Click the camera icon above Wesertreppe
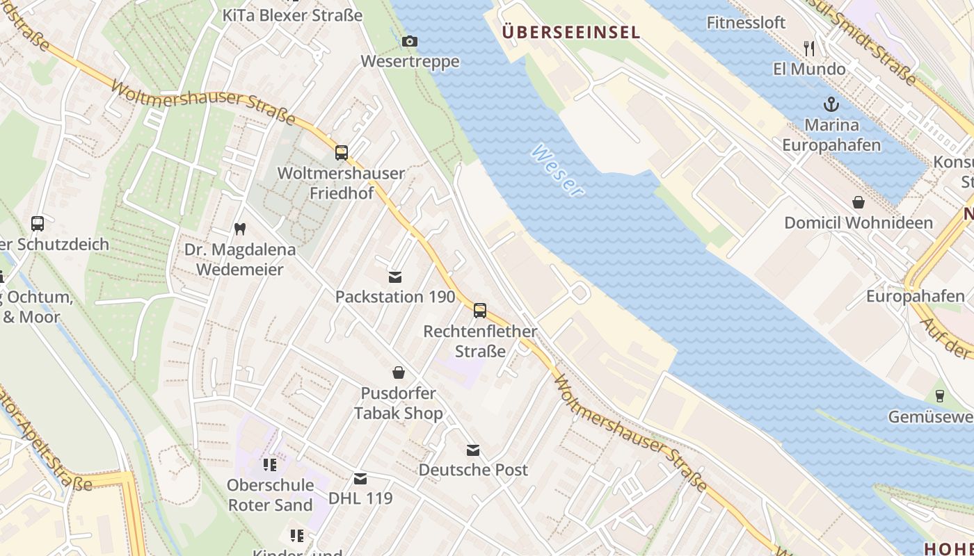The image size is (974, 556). [410, 42]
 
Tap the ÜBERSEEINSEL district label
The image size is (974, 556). [570, 32]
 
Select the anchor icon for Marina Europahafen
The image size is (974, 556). [831, 105]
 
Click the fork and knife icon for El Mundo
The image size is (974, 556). [808, 49]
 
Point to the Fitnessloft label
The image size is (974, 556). [746, 22]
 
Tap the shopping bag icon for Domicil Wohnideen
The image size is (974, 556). [859, 202]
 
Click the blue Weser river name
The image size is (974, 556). [557, 170]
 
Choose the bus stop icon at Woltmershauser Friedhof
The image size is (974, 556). [341, 153]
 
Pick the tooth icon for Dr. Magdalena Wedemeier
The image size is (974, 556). [240, 229]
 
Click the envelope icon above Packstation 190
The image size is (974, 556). [395, 277]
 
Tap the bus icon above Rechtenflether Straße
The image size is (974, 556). [480, 311]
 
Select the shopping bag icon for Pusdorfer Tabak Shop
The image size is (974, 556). [399, 373]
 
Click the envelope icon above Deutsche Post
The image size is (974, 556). [473, 450]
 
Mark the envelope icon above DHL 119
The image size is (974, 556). [360, 479]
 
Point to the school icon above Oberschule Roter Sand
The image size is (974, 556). [270, 464]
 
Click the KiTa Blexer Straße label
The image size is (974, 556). [292, 15]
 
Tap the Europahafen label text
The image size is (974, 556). [915, 297]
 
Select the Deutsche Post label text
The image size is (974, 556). [473, 470]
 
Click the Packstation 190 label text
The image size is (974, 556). [395, 297]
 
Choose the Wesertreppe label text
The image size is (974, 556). [410, 61]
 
